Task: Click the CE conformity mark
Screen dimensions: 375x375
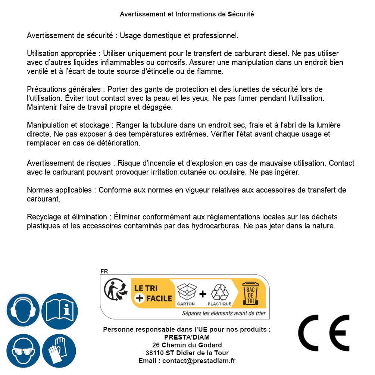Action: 324,331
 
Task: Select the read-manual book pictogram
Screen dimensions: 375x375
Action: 59,310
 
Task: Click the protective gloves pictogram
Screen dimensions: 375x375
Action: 59,351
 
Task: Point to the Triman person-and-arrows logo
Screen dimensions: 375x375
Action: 114,291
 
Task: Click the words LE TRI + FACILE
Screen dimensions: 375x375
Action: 153,293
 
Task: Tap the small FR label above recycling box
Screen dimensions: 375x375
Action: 104,271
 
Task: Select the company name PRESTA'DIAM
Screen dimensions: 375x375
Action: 187,337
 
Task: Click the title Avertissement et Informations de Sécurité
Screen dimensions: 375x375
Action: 187,14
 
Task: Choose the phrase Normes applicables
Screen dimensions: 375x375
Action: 59,190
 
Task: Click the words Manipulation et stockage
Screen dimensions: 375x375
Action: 69,125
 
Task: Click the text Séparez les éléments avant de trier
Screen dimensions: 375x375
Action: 224,313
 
